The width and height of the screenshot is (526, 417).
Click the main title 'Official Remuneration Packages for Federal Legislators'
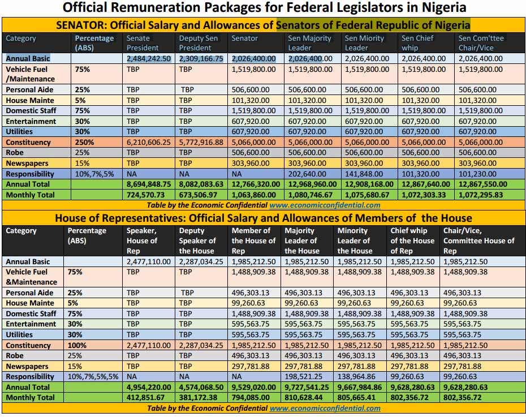(x=264, y=8)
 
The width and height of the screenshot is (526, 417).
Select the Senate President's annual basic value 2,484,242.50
(x=149, y=58)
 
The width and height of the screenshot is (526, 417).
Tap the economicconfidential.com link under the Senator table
(x=325, y=205)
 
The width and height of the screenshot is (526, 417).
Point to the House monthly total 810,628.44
(x=306, y=397)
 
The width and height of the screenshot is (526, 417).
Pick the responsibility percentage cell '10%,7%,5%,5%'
(x=92, y=376)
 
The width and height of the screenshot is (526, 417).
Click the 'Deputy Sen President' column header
(x=199, y=43)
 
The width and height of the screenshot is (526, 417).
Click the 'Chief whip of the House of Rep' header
(x=412, y=240)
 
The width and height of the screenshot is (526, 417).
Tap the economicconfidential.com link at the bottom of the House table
(x=325, y=408)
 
